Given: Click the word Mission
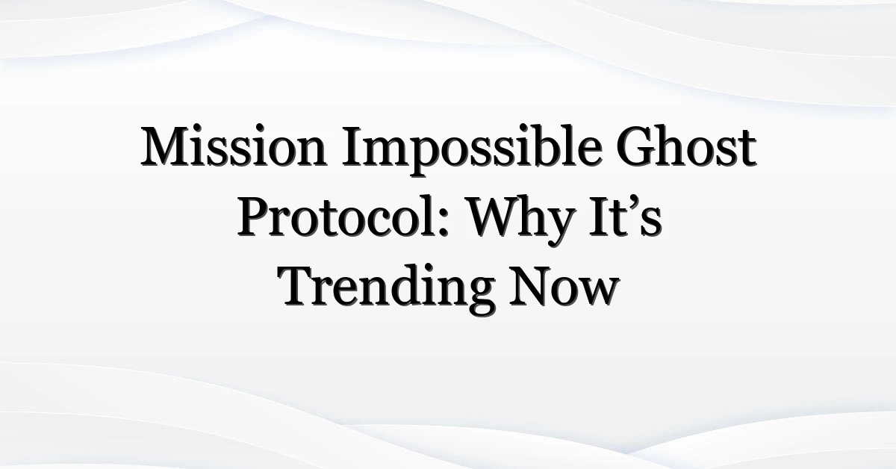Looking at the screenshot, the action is point(234,146).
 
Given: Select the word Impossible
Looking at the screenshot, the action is point(472,151).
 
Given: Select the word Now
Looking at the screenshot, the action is point(564,286).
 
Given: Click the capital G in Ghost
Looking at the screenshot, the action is point(636,146).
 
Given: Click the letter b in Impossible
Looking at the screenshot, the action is point(551,146).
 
